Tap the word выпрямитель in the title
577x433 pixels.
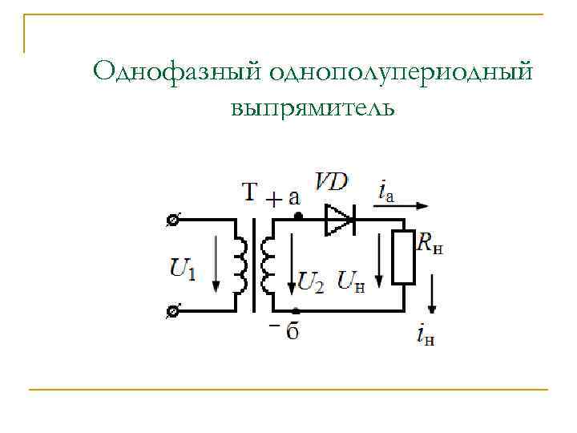coord(313,106)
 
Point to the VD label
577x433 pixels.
coord(331,182)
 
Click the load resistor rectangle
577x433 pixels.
coord(404,257)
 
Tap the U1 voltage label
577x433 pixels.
coord(184,268)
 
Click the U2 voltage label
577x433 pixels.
coord(310,281)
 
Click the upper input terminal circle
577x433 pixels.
coord(172,219)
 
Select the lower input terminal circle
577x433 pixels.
coord(172,310)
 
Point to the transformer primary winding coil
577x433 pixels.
coord(241,265)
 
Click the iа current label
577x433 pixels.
coord(385,190)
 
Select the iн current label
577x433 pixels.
coord(426,334)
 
